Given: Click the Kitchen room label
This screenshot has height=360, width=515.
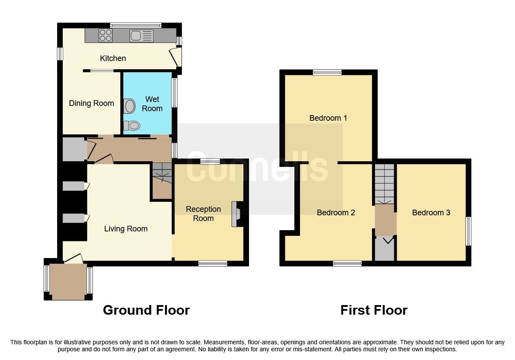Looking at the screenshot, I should pos(113,58).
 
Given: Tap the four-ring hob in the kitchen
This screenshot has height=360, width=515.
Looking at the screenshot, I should pos(106,35).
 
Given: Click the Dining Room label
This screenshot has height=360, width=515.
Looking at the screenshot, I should pos(92,103).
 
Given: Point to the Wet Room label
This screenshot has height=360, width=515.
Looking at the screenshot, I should pos(152,104).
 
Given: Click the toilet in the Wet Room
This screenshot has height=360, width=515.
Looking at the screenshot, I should pos(131,126).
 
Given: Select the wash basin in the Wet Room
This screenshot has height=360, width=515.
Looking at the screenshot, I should pos(130,105).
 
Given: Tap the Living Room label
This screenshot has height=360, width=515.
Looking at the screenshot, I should pos(126,229).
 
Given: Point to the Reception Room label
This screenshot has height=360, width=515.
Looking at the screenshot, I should pos(203,214).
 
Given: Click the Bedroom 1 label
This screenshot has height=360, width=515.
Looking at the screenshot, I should pos(328,118).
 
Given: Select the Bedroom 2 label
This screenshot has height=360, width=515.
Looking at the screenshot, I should pos(336,213).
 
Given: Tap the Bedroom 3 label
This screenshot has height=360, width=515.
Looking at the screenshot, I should pos(431,213).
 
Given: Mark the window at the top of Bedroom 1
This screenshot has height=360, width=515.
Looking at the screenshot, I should pos(327,72).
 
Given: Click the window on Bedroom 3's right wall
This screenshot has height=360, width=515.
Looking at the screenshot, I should pos(468,231).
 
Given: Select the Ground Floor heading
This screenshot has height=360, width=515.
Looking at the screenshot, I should pos(146,310).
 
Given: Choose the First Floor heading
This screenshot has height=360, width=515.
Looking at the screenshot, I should pos(374,310).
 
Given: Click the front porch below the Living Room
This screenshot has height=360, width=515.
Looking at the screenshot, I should pos(68,281).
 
